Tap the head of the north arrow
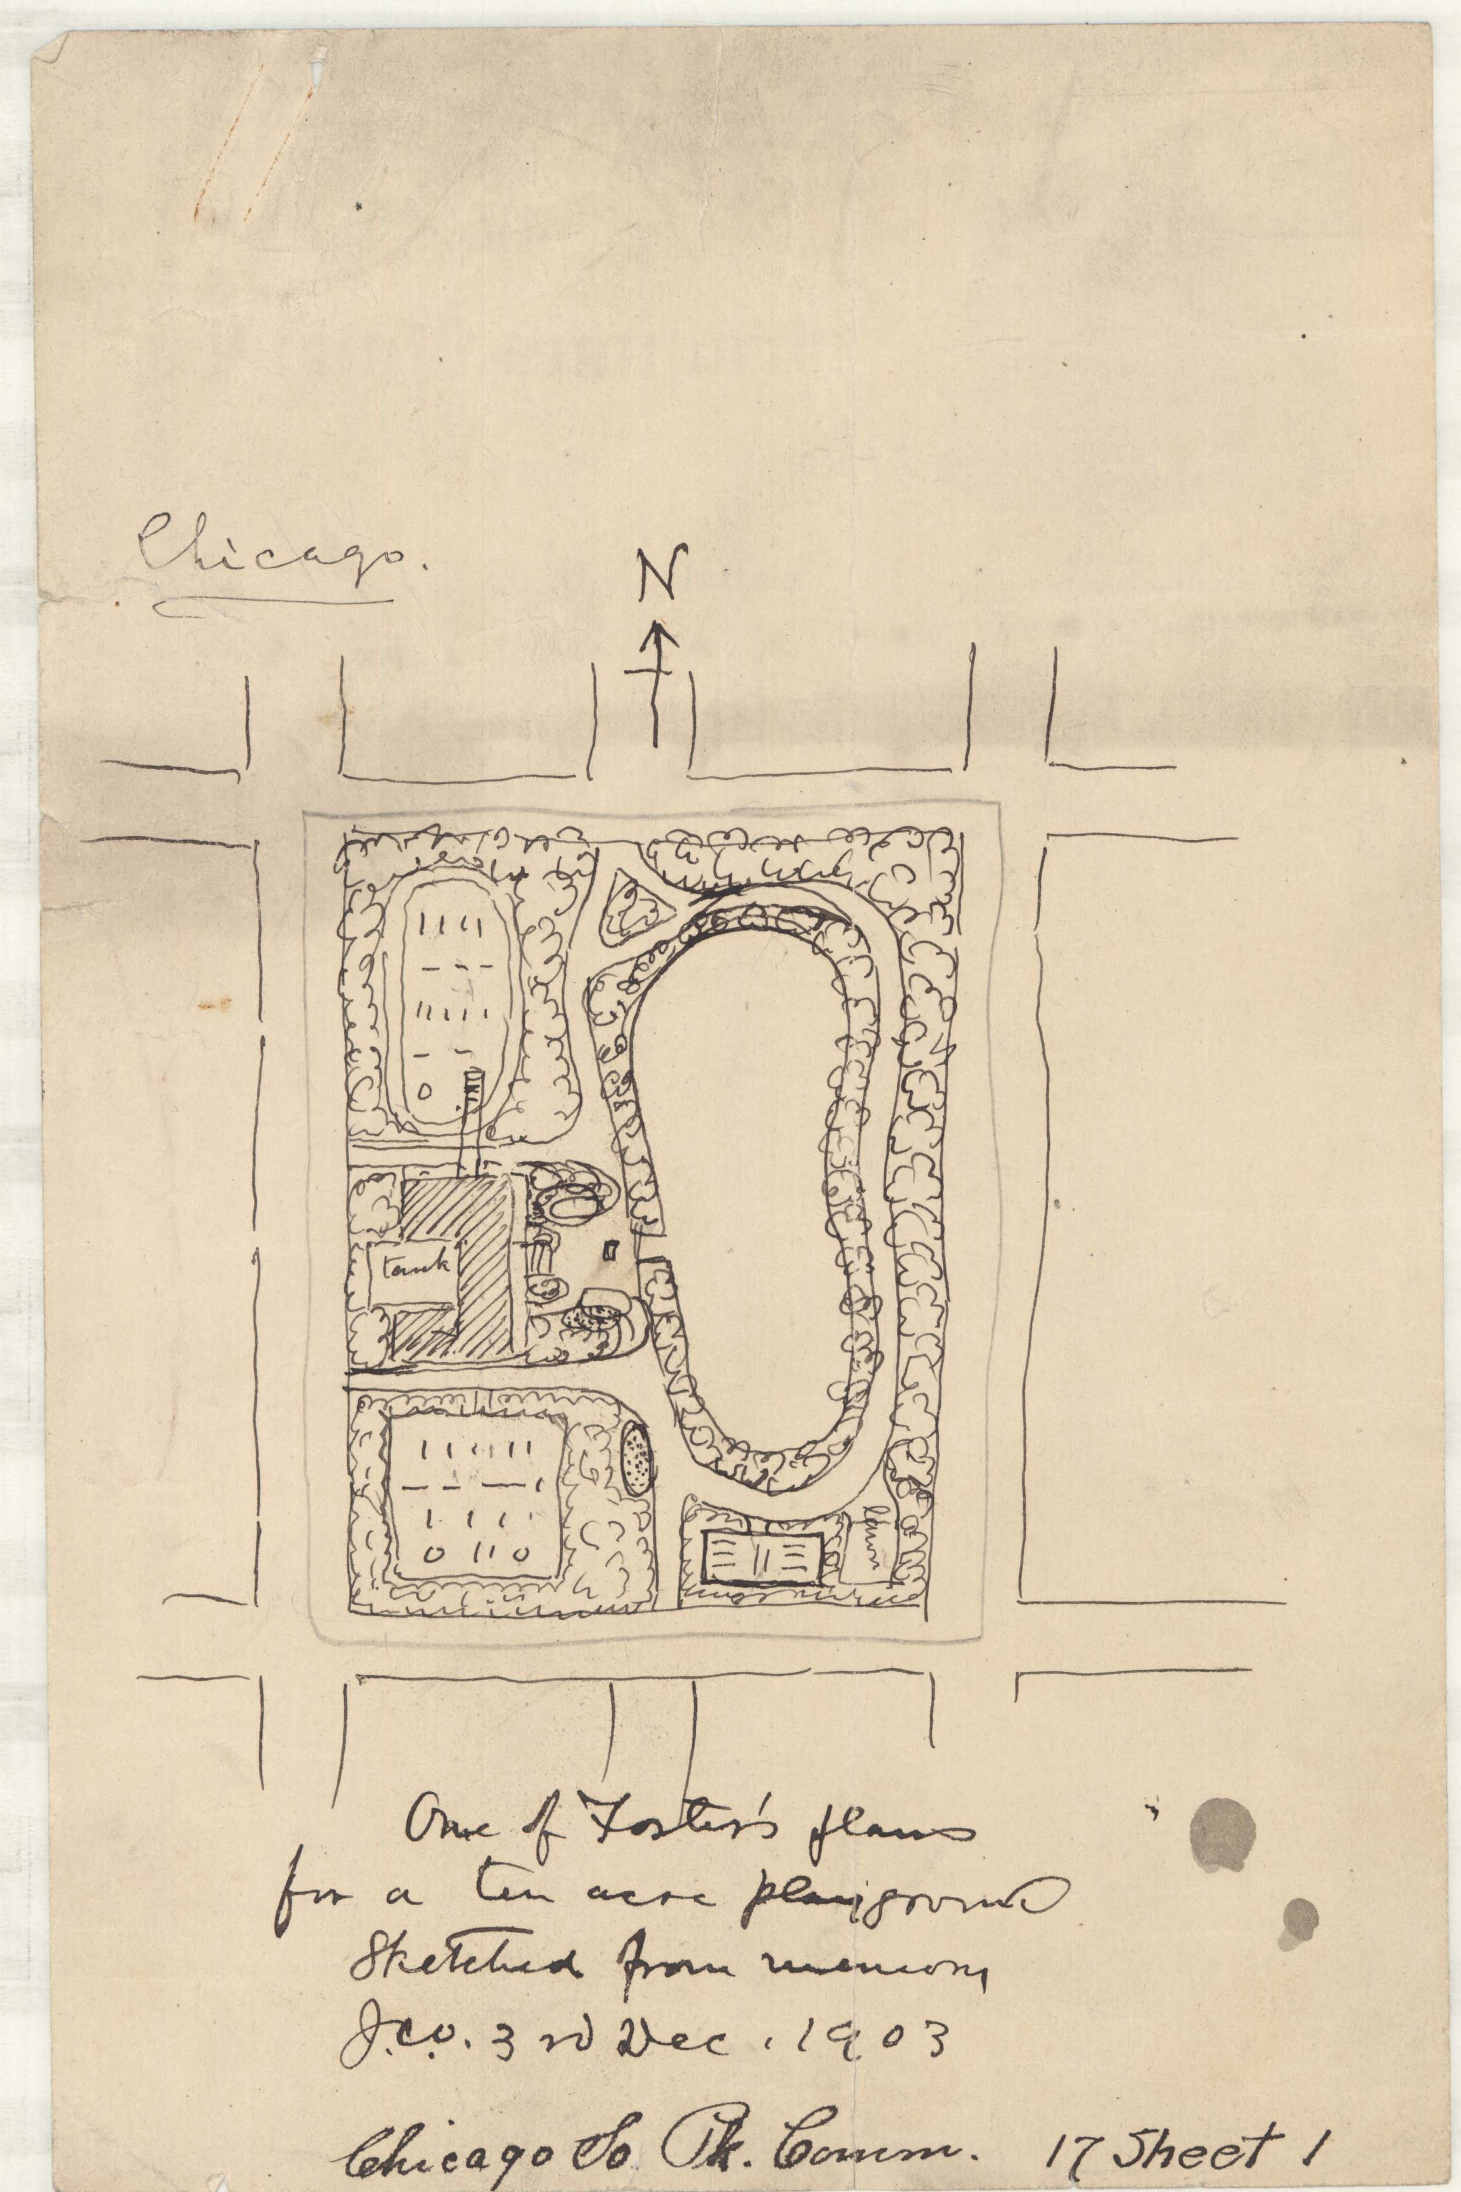pyautogui.click(x=661, y=638)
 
